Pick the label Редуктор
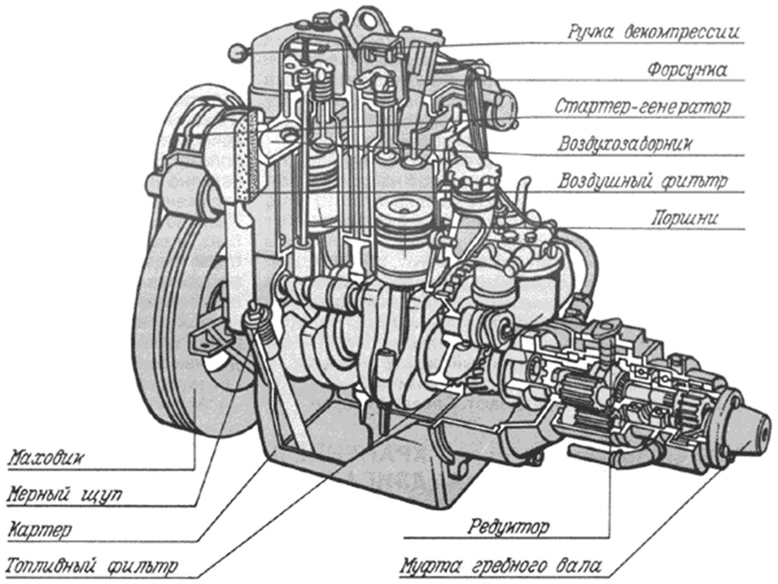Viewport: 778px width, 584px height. pos(509,527)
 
